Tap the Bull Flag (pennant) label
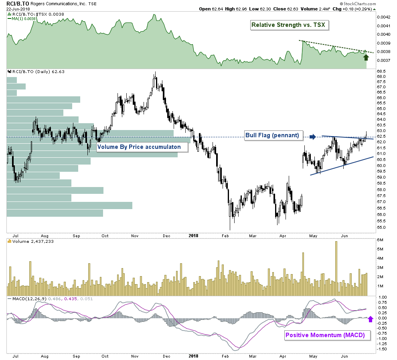[273, 135]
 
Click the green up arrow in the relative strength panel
[366, 57]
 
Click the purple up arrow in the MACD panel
[371, 319]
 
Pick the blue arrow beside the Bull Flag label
[313, 137]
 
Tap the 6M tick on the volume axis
[381, 240]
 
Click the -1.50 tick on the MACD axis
[382, 349]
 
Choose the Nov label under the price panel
[135, 236]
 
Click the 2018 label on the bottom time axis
[193, 356]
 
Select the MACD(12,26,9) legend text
[26, 299]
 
